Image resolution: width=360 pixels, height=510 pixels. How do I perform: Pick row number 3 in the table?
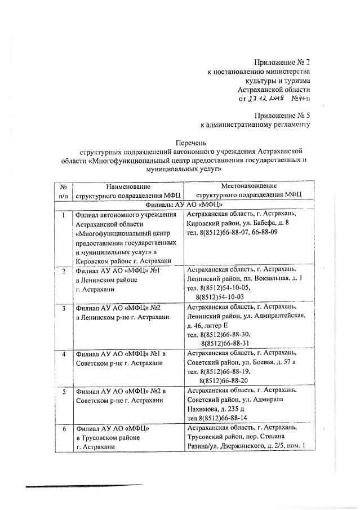coord(64,308)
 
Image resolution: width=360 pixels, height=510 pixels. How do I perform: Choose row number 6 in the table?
coord(64,428)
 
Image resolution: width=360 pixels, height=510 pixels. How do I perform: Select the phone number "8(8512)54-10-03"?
coord(220,296)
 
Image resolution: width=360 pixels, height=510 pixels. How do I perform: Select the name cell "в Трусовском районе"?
coord(108,438)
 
